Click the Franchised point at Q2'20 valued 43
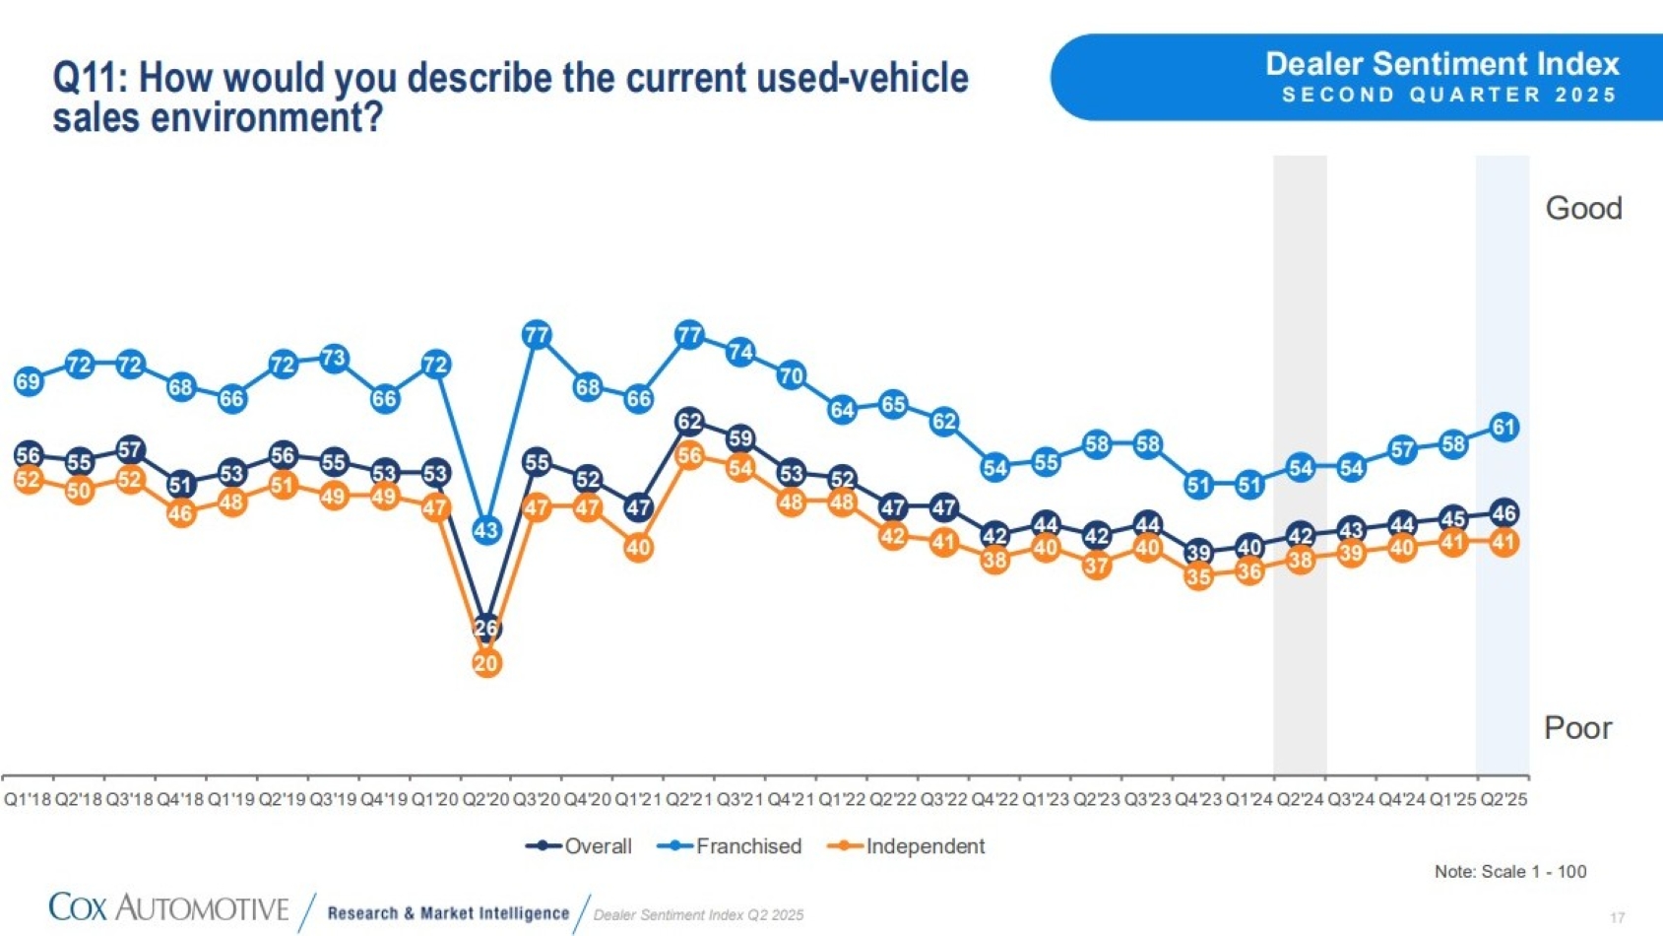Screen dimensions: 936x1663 [485, 530]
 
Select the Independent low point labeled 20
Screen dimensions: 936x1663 [485, 663]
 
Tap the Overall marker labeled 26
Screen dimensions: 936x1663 [485, 628]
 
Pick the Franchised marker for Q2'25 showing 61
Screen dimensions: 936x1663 [1503, 428]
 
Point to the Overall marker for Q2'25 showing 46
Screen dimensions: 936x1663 [1503, 512]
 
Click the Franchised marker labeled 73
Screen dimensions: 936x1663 [334, 358]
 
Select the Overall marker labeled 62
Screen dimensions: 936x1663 [689, 422]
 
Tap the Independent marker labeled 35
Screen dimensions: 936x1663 [1198, 576]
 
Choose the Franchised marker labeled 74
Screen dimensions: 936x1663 [740, 352]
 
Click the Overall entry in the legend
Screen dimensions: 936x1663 [581, 846]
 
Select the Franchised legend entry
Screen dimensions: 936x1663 [731, 846]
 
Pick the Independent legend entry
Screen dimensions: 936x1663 [908, 846]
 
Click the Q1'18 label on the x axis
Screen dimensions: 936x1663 [28, 799]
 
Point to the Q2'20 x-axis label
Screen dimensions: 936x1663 [485, 799]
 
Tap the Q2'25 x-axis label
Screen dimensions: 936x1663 [1503, 799]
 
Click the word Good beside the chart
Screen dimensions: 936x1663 [1583, 209]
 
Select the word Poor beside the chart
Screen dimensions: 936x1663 [1577, 728]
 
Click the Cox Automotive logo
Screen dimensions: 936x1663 [168, 907]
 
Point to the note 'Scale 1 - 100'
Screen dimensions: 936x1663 [1510, 871]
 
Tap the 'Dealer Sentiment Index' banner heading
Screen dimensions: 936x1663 [1441, 64]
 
